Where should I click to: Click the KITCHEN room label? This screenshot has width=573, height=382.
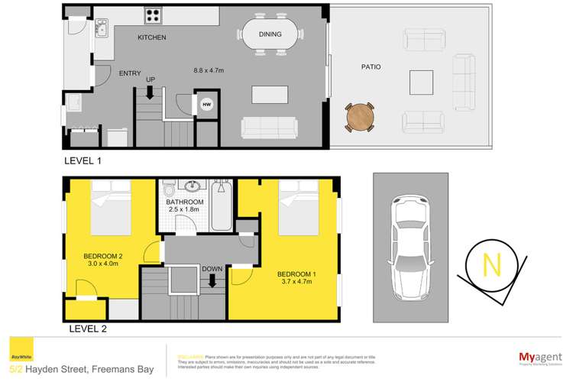coord(152,37)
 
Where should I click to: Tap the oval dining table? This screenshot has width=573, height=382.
coord(271,34)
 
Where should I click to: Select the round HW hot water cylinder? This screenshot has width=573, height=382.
coord(206,105)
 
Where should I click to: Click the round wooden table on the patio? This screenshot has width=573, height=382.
coord(359,117)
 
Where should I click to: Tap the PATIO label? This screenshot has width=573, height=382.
coord(371,67)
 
